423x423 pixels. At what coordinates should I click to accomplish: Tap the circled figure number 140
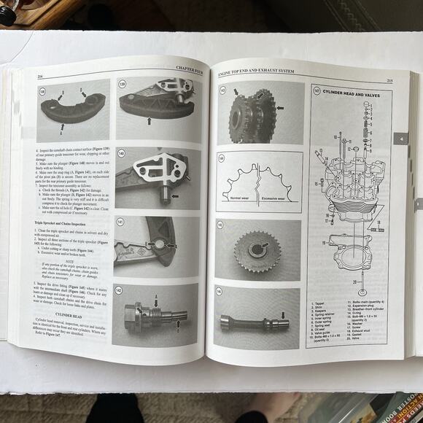121,154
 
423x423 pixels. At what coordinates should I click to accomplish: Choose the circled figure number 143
222,90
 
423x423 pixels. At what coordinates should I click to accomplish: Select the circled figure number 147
317,91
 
